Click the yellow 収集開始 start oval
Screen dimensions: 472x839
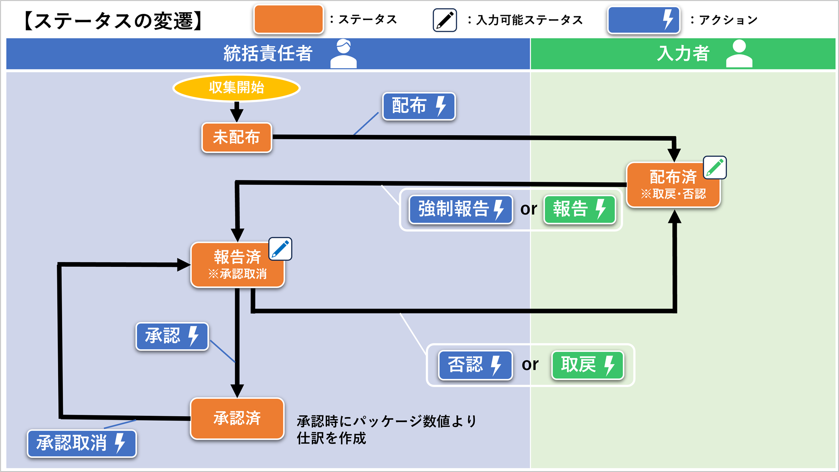[237, 88]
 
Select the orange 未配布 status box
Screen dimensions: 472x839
[237, 137]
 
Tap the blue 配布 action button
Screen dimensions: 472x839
[419, 106]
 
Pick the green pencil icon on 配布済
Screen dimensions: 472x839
[715, 168]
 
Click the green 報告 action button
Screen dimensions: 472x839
[579, 209]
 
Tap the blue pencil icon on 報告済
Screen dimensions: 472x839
[280, 249]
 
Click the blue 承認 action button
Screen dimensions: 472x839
[172, 336]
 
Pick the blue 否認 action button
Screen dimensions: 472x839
[475, 365]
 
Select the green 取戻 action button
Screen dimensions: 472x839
[587, 365]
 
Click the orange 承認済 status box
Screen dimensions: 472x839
[237, 418]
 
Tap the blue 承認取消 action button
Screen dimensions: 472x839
[82, 443]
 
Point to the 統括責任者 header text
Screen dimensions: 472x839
[268, 54]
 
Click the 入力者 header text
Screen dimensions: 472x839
[683, 54]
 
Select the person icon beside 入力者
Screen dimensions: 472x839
[739, 54]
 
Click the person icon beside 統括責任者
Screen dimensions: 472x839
[343, 54]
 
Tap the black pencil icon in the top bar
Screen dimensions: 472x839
[445, 20]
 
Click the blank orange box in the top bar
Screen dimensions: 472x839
[288, 19]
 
